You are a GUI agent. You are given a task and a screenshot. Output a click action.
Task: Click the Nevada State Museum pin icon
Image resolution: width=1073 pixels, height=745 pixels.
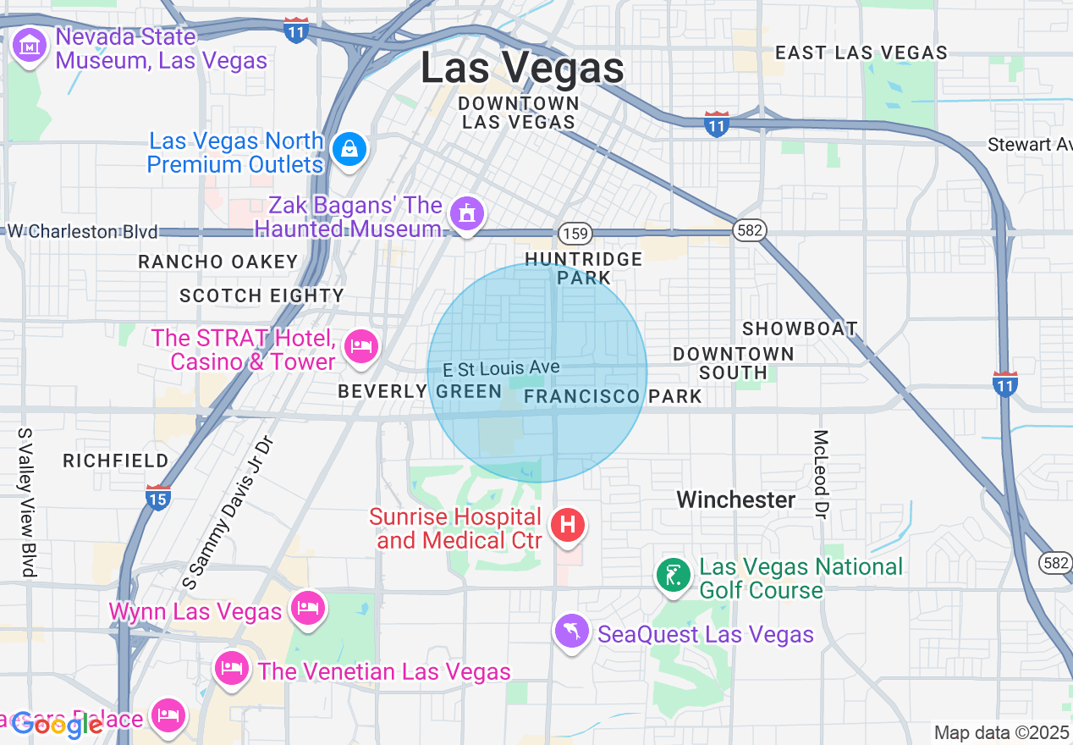point(30,47)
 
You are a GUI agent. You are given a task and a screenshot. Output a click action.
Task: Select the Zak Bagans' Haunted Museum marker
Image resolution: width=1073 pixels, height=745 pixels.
point(465,215)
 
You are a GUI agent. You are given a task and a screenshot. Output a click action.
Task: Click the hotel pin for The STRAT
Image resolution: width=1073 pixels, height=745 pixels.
point(362,345)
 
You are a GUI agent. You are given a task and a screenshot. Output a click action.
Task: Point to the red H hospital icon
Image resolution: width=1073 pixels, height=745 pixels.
point(568,525)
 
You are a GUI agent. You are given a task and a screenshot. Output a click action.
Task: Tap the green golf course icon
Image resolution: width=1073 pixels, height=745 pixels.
point(674,577)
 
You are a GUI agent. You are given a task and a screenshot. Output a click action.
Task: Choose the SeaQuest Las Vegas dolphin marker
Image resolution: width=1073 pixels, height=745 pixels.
point(572,632)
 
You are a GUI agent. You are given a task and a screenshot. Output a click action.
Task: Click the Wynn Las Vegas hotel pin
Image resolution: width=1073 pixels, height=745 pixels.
point(306,609)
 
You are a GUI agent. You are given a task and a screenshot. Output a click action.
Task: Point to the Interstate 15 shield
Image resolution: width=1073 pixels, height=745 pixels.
point(158,497)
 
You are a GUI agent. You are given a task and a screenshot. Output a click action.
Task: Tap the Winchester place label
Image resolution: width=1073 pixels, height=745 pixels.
point(736,499)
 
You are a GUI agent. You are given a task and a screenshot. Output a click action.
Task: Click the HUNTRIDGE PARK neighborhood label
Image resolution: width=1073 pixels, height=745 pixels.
point(583,268)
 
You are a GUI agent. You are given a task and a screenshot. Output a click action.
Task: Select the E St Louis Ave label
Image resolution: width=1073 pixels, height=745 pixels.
point(502,368)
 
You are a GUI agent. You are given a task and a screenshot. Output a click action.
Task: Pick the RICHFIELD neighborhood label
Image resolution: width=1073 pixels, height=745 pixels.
point(116,461)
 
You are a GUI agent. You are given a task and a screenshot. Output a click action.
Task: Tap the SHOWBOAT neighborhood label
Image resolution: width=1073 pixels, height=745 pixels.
point(800,328)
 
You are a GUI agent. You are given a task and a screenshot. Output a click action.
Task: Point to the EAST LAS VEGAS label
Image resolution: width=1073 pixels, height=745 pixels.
point(861,52)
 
